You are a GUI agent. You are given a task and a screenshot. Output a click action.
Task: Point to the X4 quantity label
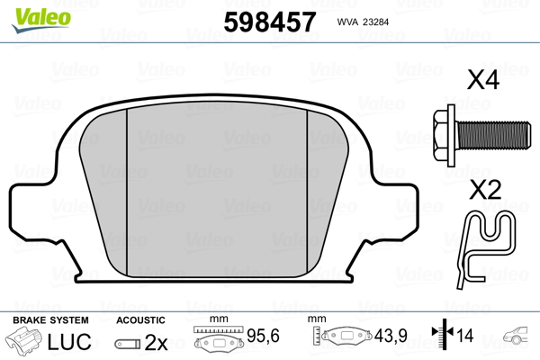coord(482,80)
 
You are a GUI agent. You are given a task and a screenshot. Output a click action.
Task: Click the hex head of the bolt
coord(443,135)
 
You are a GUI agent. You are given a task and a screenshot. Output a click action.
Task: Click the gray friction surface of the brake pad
coord(216,189)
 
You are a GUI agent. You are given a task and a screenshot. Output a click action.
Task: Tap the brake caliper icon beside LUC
coord(25,342)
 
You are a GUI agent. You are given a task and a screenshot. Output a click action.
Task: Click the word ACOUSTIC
coord(140,320)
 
